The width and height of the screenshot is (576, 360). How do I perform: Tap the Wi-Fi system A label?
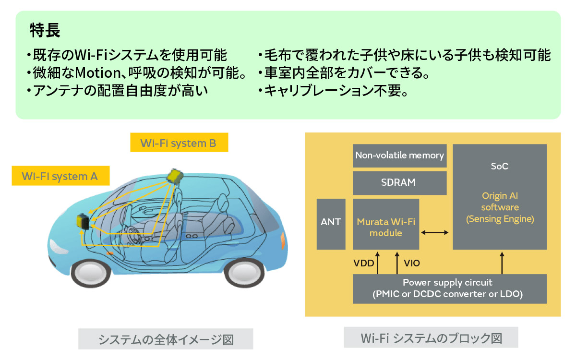[x=60, y=176]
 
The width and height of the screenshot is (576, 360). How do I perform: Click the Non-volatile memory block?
[x=399, y=156]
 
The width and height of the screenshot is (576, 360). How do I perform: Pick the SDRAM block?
[x=399, y=183]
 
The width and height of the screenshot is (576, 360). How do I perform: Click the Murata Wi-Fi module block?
[x=386, y=227]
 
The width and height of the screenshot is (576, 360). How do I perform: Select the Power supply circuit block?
[x=449, y=288]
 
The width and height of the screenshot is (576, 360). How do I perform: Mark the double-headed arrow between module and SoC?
[x=434, y=233]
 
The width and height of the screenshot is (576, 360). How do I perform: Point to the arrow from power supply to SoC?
[x=502, y=264]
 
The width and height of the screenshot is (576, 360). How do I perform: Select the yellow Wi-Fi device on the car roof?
[x=175, y=176]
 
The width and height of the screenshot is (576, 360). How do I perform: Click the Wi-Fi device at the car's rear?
[x=83, y=222]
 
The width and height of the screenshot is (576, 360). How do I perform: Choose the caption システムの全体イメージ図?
[x=166, y=339]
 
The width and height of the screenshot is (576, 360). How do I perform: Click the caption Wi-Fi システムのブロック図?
[x=431, y=338]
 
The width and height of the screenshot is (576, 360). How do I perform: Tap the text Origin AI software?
[x=500, y=202]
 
